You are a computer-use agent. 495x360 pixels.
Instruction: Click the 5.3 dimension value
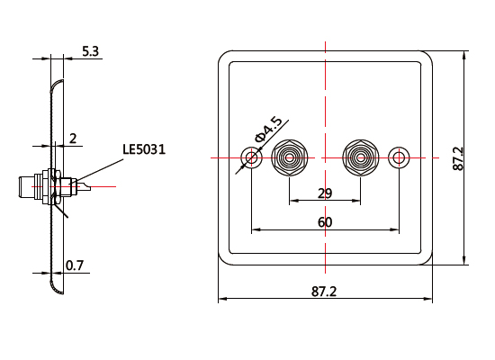point(90,52)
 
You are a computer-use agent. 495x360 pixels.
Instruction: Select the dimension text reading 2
point(73,138)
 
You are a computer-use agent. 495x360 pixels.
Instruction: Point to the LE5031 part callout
point(144,149)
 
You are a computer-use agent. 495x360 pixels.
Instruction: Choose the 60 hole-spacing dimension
point(325,221)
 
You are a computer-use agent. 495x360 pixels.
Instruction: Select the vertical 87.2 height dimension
point(457,158)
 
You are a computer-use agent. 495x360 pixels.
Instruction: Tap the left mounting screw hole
point(252,159)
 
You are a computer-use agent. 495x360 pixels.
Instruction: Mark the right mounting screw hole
point(399,159)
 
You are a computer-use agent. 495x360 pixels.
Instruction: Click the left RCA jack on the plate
point(289,159)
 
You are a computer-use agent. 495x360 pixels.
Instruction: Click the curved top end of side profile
point(56,84)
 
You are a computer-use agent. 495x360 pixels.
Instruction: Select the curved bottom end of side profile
point(56,288)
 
